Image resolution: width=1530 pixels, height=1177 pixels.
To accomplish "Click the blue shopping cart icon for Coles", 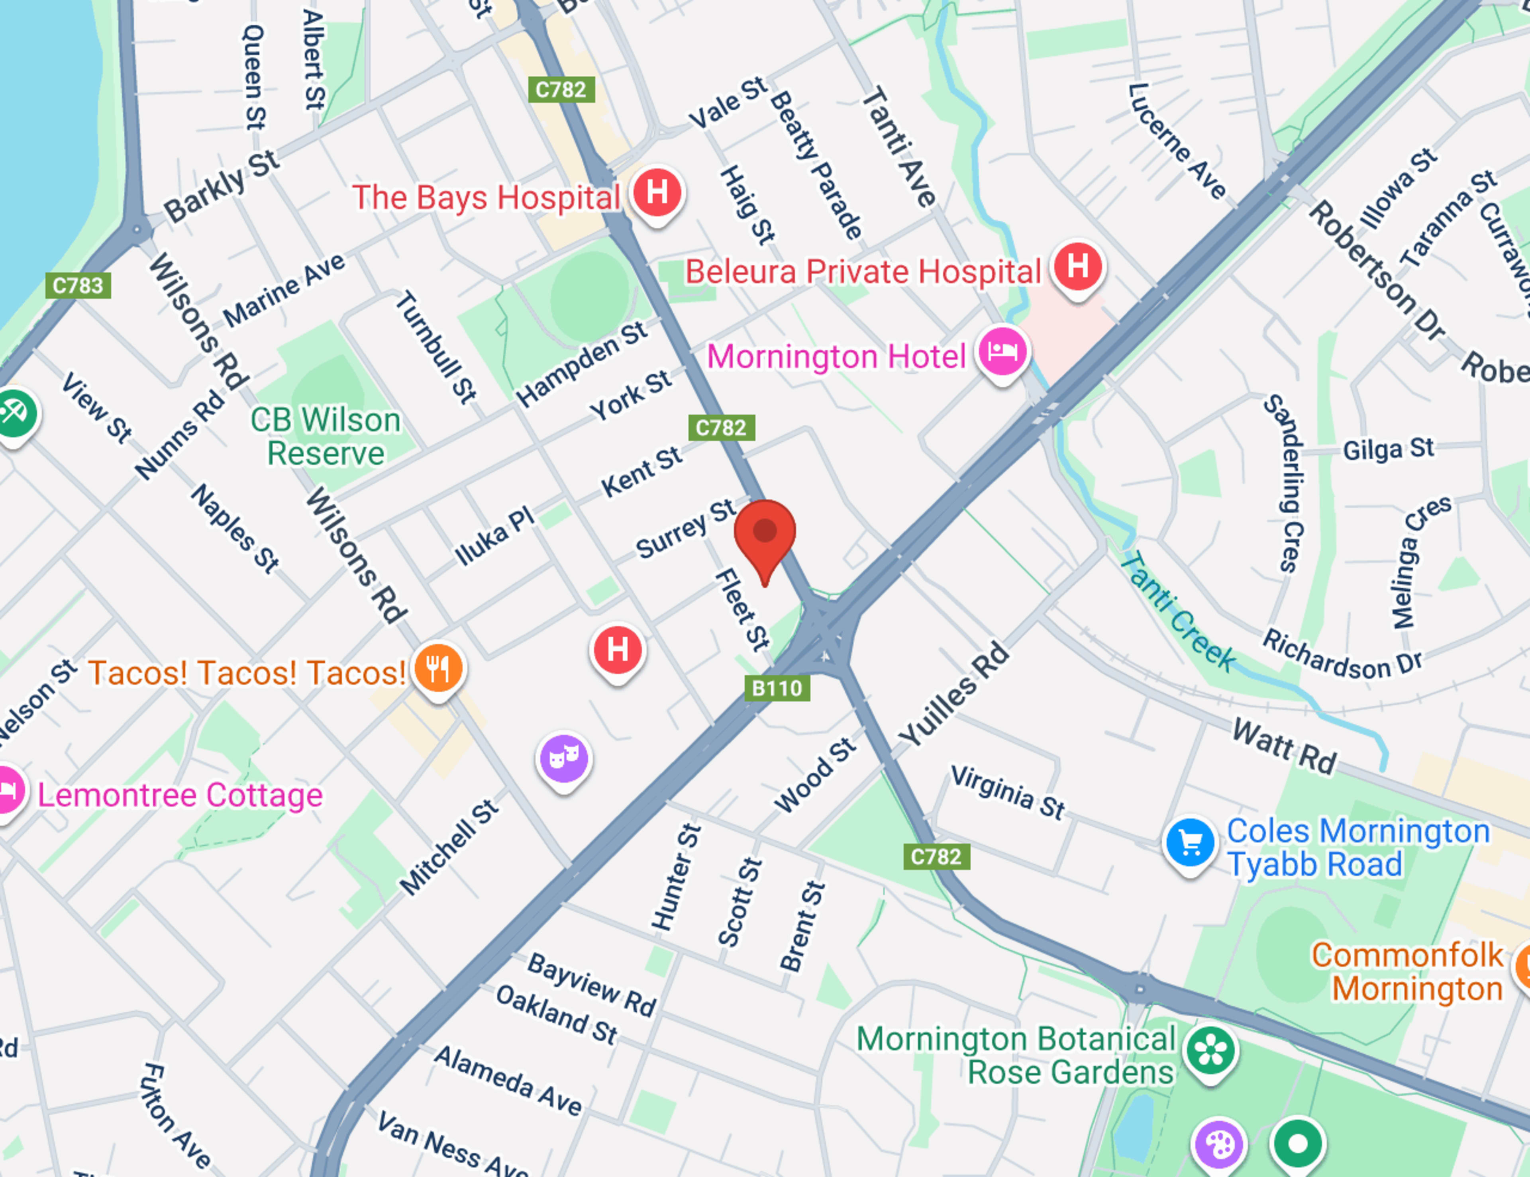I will point(1189,842).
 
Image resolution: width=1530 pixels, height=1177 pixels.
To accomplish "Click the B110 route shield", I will point(777,688).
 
